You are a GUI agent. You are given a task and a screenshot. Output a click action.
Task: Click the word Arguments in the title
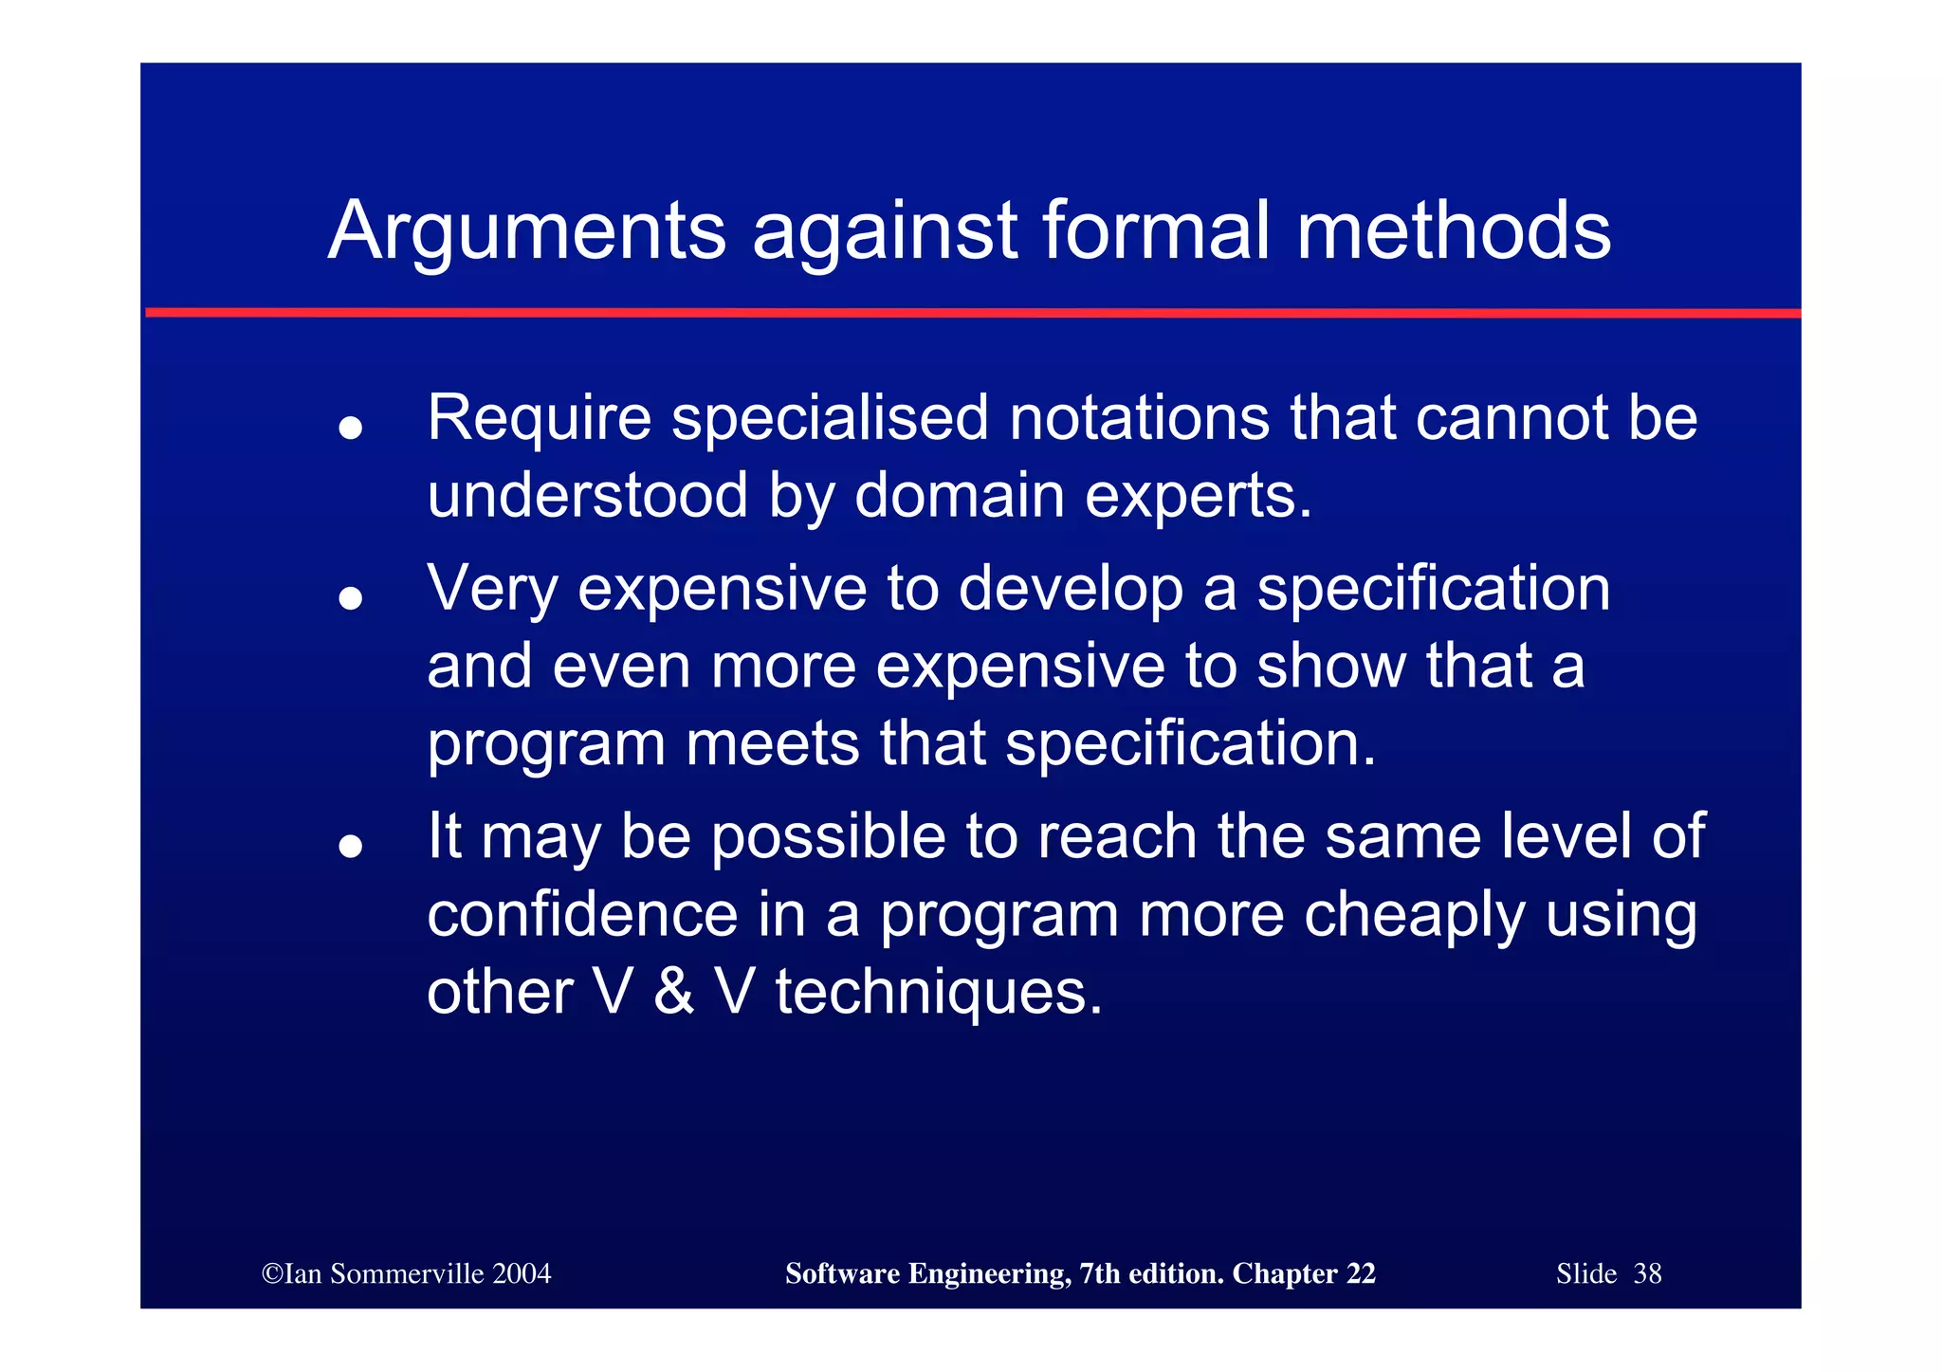click(526, 232)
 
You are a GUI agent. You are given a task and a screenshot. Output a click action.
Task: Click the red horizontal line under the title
click(971, 312)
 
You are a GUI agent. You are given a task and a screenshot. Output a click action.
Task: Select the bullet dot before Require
click(351, 429)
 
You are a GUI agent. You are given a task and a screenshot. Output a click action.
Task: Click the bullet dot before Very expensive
click(351, 598)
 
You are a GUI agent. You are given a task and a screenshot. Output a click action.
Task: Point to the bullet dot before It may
click(351, 846)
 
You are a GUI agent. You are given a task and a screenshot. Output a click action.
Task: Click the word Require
click(539, 418)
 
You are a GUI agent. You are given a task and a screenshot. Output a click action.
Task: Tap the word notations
click(1138, 418)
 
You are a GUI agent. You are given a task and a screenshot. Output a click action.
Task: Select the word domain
click(959, 496)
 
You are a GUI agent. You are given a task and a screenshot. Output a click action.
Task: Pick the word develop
click(1071, 590)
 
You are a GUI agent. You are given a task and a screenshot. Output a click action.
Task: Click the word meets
click(772, 743)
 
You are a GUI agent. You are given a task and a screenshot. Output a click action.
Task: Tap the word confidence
click(582, 915)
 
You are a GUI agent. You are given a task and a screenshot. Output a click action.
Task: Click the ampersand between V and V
click(673, 993)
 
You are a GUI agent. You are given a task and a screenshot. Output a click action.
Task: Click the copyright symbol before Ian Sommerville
click(272, 1273)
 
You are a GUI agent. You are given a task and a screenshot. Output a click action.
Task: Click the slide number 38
click(1647, 1273)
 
